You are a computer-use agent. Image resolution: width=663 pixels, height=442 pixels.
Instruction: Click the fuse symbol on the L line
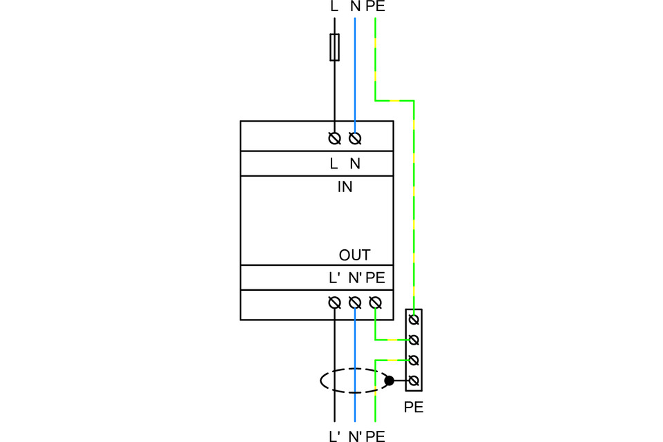(334, 47)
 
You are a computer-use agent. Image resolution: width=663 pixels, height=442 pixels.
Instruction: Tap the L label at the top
(335, 7)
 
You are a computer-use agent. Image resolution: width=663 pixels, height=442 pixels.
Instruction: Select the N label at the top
(355, 7)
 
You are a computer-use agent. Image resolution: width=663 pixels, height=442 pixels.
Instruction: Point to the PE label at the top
(376, 7)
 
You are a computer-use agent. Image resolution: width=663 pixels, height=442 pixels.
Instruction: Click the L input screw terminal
(334, 139)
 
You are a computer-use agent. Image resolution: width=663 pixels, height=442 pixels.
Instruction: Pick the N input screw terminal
(355, 139)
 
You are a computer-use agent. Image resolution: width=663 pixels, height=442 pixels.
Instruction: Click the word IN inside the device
(345, 186)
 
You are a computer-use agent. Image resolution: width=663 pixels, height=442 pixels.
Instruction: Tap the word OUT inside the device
(354, 256)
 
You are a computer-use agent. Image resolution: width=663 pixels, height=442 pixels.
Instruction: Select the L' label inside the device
(335, 278)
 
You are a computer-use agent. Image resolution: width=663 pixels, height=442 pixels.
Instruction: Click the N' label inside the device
(355, 278)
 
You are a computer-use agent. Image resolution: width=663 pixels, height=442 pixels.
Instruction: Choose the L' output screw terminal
(334, 302)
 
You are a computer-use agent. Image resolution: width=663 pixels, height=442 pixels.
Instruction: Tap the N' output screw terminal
(355, 302)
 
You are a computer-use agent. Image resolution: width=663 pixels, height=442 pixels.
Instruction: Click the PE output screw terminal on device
(375, 302)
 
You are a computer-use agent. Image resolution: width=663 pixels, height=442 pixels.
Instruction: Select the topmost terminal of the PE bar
(414, 320)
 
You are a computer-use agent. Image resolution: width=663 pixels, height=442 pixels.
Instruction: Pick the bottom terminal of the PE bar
(414, 381)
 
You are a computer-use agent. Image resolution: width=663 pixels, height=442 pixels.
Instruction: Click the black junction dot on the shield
(390, 381)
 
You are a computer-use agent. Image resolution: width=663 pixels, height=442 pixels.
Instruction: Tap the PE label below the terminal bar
(414, 407)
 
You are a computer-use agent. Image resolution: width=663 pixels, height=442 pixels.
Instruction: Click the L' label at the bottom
(335, 436)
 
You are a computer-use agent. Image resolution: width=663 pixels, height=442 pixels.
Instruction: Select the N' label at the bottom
(355, 436)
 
